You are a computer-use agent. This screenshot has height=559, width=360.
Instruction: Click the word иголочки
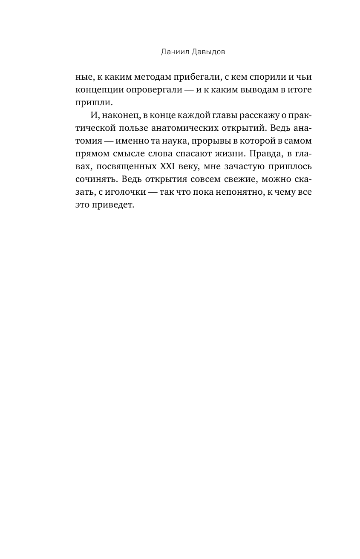click(127, 192)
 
